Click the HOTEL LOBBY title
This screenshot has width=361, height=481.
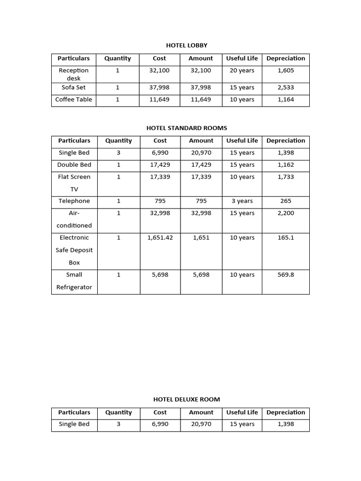point(187,46)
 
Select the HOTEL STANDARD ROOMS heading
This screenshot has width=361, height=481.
point(187,128)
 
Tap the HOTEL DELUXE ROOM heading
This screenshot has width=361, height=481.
point(187,399)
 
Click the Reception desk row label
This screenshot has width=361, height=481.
point(74,74)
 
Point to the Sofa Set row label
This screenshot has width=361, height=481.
point(74,87)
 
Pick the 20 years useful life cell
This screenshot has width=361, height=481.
point(242,70)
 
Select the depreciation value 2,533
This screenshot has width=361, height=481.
point(286,87)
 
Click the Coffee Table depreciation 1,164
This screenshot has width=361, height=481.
point(286,100)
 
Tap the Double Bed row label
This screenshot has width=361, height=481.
point(74,165)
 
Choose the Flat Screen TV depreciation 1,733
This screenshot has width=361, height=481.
point(286,177)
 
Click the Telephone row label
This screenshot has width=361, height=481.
point(74,201)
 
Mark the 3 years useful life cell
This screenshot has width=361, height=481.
point(242,201)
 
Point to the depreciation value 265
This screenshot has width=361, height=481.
point(286,201)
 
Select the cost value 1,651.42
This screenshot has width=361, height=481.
point(160,238)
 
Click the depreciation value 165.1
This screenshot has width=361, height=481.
point(286,238)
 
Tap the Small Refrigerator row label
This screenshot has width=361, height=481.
point(74,281)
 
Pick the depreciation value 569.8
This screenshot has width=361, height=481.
point(286,275)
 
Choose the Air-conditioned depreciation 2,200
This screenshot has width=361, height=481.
point(286,213)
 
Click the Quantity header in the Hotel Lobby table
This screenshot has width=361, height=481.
point(118,59)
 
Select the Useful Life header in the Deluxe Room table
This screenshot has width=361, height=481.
point(242,412)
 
